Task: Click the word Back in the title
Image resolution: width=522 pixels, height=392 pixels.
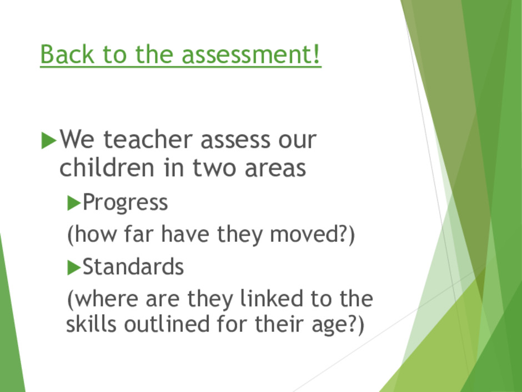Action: pyautogui.click(x=67, y=54)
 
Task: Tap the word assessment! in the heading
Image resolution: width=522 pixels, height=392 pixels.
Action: pyautogui.click(x=251, y=54)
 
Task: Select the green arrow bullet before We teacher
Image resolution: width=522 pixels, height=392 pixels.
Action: pyautogui.click(x=49, y=140)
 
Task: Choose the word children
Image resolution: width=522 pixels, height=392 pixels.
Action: pyautogui.click(x=107, y=167)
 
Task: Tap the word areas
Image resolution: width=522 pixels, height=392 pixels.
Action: pyautogui.click(x=275, y=168)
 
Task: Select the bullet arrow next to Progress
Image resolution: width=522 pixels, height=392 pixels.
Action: pyautogui.click(x=74, y=203)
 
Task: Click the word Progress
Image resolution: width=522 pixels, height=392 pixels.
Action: pyautogui.click(x=125, y=202)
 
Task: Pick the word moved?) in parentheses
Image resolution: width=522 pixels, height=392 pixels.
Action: pyautogui.click(x=312, y=234)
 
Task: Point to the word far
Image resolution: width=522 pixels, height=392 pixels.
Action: pyautogui.click(x=138, y=234)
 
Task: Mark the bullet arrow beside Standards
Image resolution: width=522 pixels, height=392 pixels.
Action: pyautogui.click(x=74, y=267)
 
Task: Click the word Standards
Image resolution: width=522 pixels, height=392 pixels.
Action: pyautogui.click(x=133, y=267)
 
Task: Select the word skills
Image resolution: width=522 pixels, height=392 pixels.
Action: pyautogui.click(x=91, y=324)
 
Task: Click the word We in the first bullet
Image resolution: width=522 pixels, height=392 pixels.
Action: pyautogui.click(x=77, y=140)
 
